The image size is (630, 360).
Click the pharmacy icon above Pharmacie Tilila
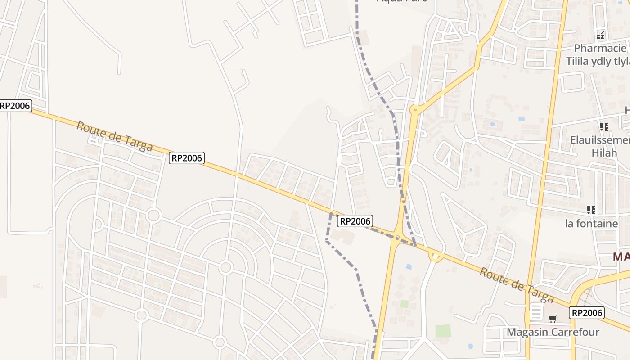pos(600,36)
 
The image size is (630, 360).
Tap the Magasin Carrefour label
pos(553,332)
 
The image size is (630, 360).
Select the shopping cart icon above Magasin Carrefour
pos(553,319)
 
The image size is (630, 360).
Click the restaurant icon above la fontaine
pos(591,210)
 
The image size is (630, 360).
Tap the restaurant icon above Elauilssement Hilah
pos(604,127)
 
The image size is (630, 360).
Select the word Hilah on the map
pos(604,153)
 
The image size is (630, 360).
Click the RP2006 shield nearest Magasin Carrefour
pos(586,313)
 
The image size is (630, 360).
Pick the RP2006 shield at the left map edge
pos(15,106)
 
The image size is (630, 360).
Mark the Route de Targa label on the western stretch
pos(114,136)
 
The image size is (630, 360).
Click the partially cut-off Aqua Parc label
pos(401,1)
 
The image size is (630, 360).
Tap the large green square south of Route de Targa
pos(443,331)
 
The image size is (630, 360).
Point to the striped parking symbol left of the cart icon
pos(536,311)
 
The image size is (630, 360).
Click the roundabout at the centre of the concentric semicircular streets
pos(226,268)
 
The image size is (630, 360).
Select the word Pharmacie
pos(600,48)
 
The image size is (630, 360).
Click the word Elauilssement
pos(600,140)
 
